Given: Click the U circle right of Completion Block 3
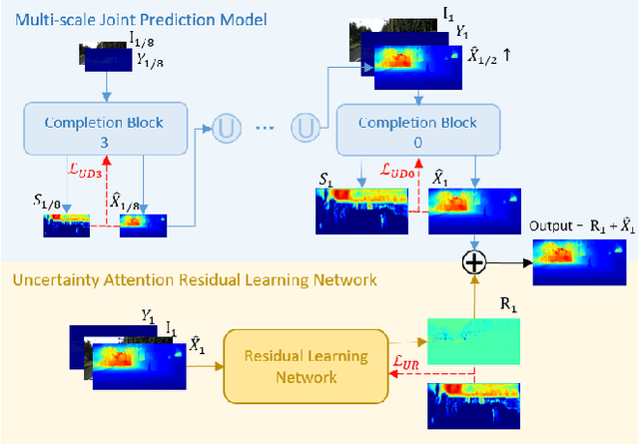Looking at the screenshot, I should [224, 129].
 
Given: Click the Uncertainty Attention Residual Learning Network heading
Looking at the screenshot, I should [195, 280].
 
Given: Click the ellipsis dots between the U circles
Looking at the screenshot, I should [265, 130].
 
